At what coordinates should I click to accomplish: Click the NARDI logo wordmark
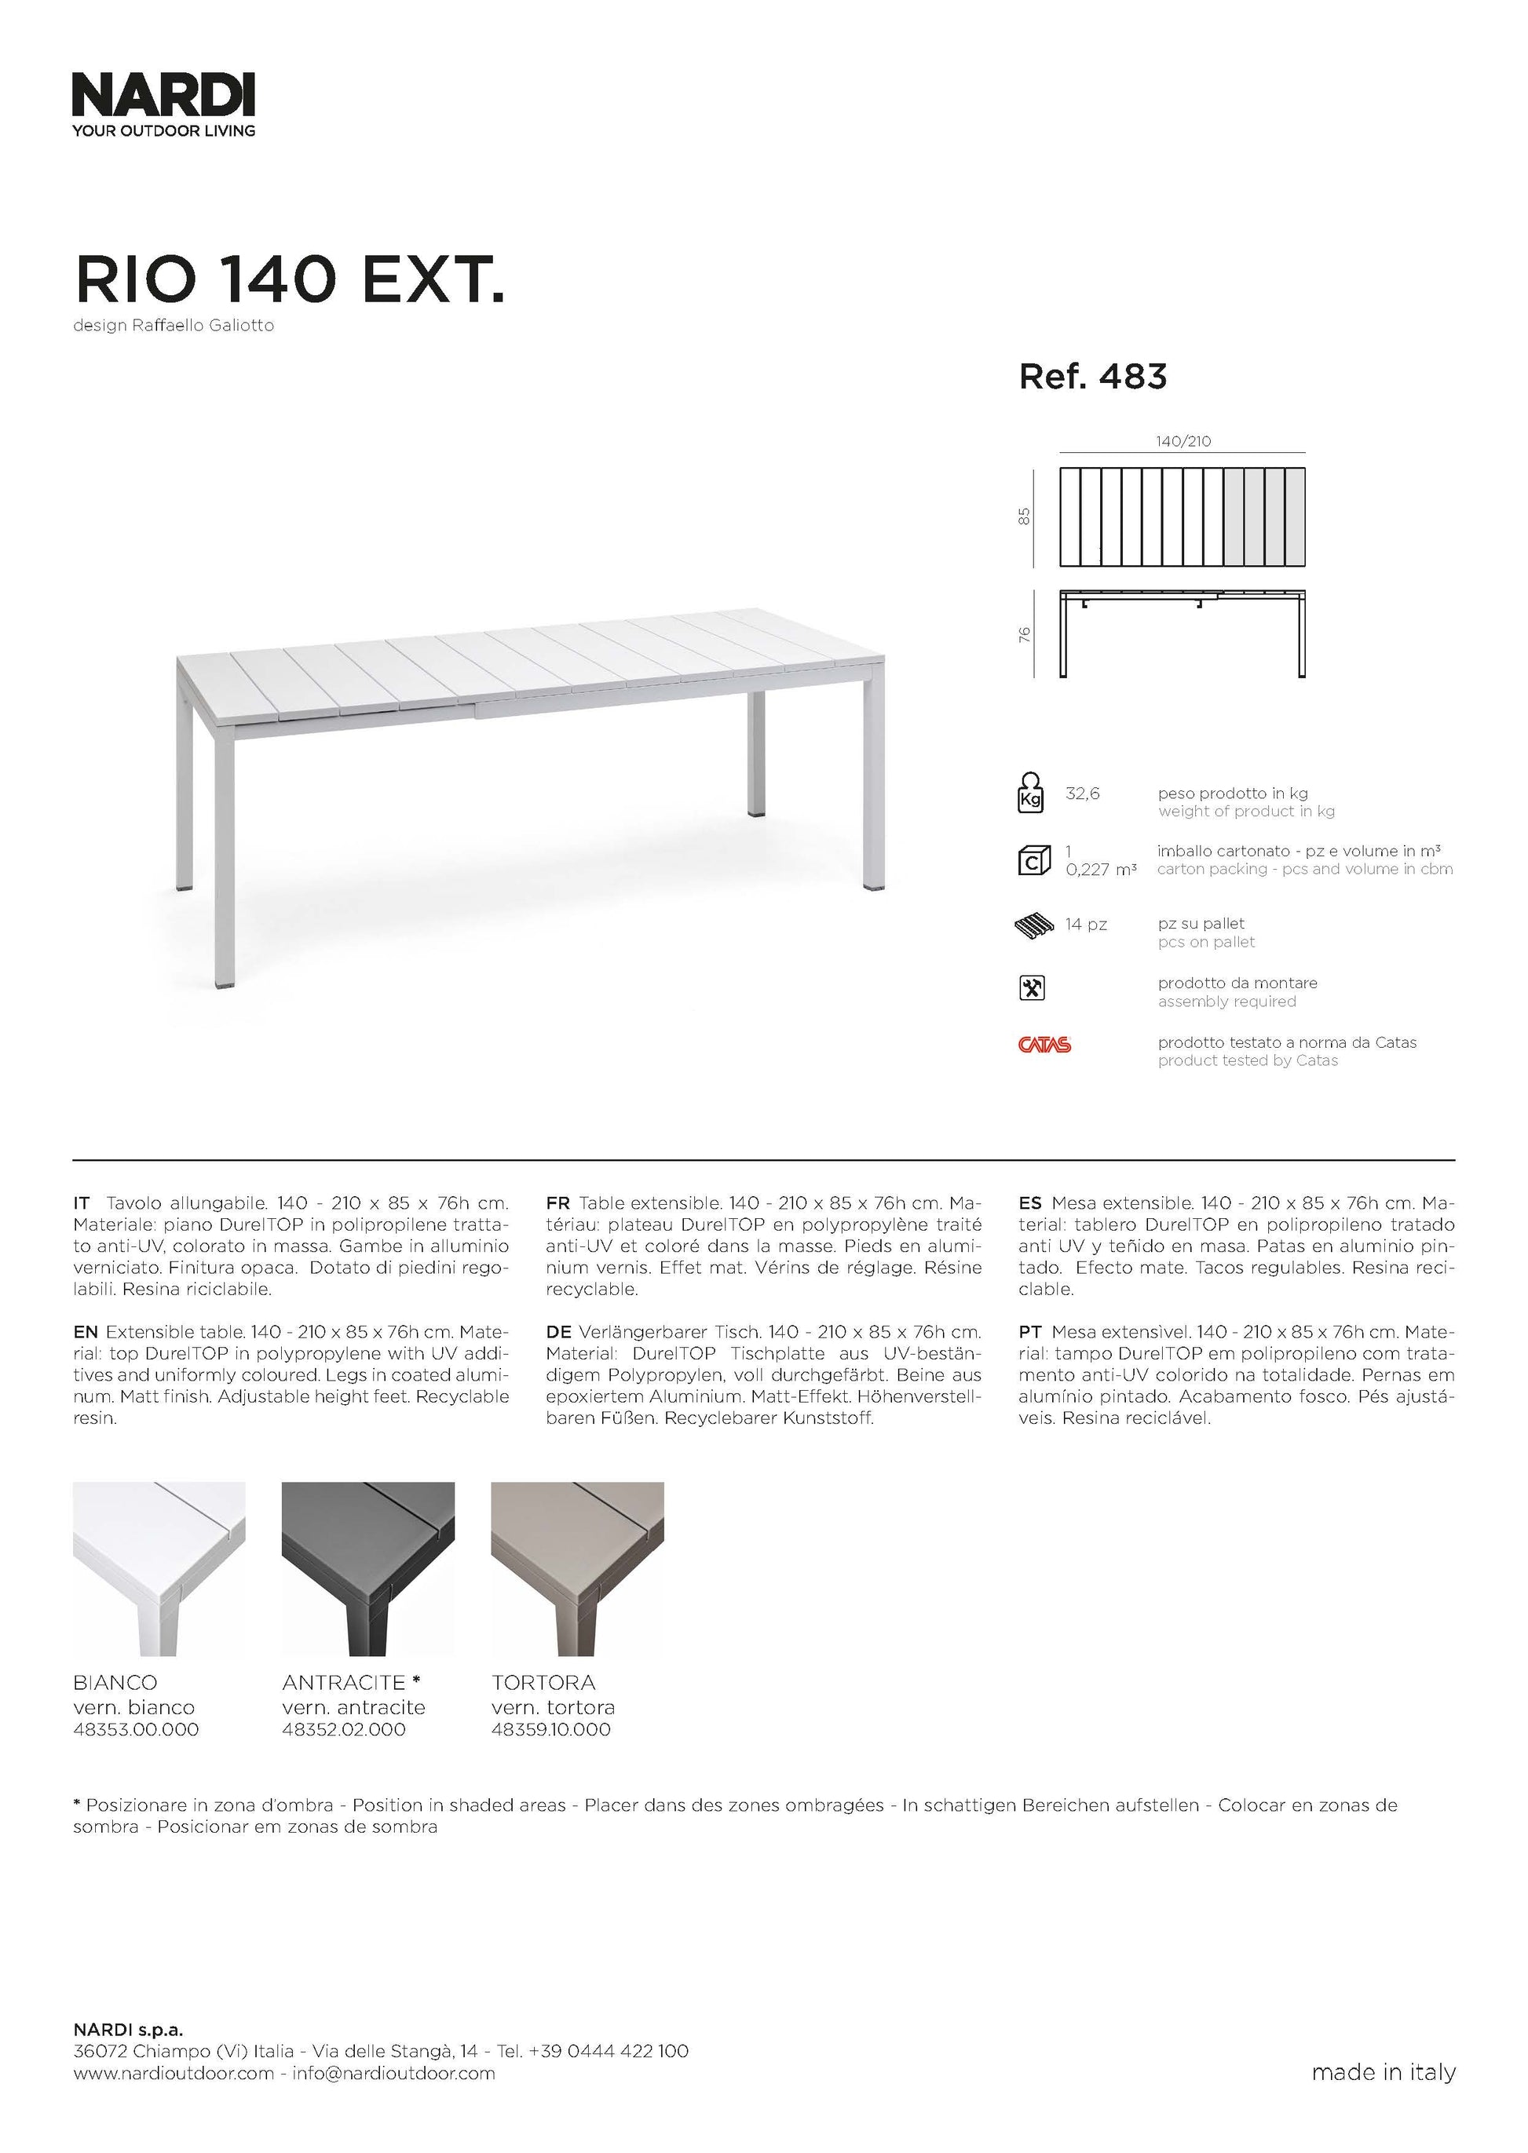[163, 96]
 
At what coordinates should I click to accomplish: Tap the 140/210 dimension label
[1183, 441]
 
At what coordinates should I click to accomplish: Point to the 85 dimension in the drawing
[1025, 516]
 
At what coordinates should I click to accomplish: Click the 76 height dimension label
[1025, 635]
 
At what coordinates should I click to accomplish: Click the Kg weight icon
[1031, 793]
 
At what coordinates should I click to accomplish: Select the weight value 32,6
[1082, 794]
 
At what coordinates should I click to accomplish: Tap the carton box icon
[1033, 860]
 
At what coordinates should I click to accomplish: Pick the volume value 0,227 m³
[1101, 870]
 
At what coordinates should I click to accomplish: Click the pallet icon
[1034, 925]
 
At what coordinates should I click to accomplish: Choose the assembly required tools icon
[1033, 987]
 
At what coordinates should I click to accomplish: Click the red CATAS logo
[1044, 1045]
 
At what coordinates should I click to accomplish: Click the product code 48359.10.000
[550, 1730]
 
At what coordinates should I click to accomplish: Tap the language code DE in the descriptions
[558, 1332]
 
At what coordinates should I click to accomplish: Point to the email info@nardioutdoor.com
[393, 2100]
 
